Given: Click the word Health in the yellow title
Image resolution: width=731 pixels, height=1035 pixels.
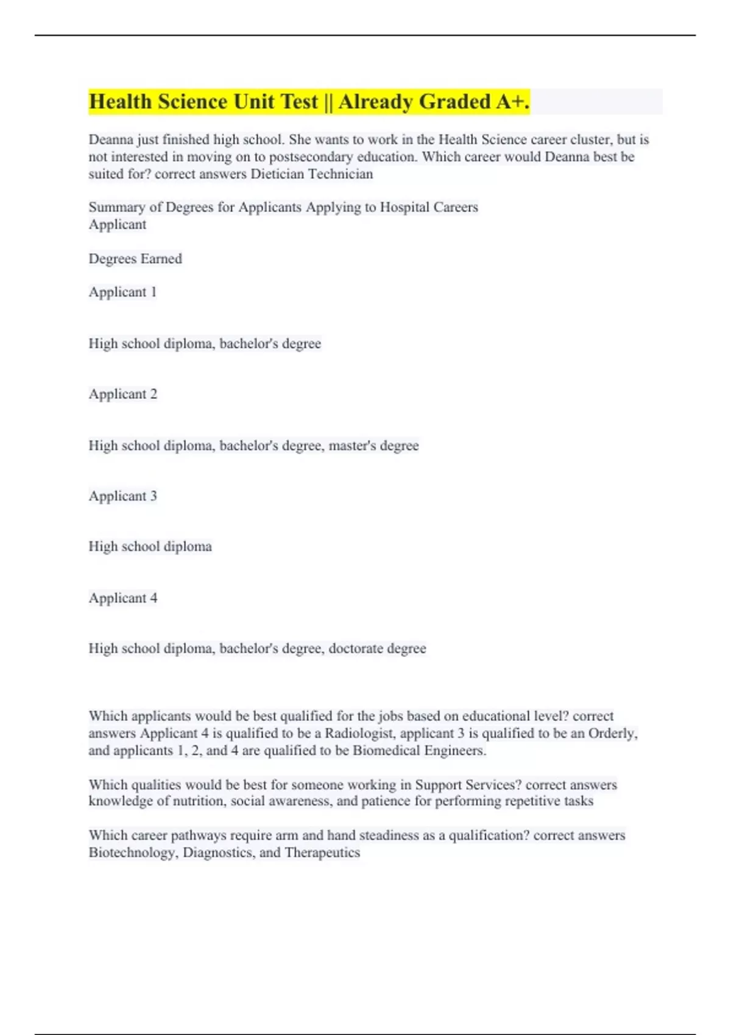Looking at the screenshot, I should [121, 102].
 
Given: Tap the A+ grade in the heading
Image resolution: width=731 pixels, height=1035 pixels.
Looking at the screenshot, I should [510, 102].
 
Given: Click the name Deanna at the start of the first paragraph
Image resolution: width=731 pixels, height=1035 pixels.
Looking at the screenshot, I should [110, 139].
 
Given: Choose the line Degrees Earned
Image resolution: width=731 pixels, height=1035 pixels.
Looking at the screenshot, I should [135, 259].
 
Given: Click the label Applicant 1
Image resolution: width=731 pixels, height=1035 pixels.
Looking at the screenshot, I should [122, 292].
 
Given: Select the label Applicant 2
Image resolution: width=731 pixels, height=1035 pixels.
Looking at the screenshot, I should [122, 394].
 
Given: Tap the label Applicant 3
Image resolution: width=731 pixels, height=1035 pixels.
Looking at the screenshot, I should [122, 496].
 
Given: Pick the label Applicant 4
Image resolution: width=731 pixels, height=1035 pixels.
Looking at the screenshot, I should [122, 598].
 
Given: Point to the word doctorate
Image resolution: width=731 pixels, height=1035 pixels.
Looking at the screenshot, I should [355, 648].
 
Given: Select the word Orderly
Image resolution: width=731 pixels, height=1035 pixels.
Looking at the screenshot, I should [612, 734].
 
